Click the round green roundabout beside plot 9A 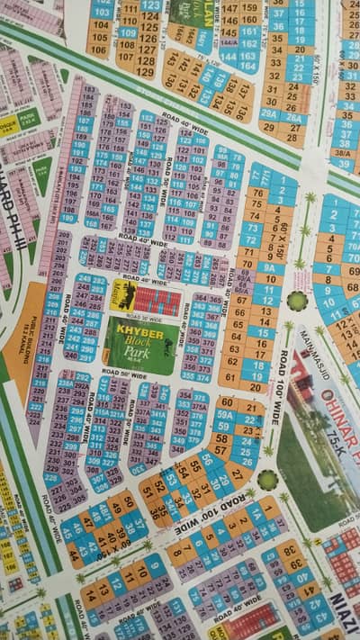tap(297, 300)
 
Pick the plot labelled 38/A tap(342, 154)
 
